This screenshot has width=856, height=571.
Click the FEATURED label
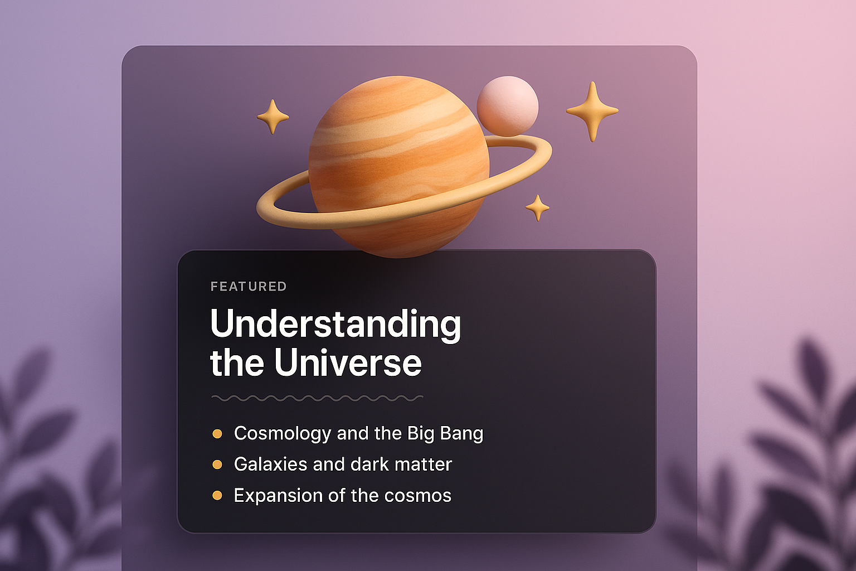249,287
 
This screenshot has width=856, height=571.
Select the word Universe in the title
348,362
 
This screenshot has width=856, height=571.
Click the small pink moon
508,107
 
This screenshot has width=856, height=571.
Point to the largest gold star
592,112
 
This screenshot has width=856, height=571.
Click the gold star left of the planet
273,117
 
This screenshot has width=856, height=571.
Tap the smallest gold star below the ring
538,208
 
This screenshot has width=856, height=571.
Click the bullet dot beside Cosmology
217,434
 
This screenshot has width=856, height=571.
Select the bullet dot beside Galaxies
217,464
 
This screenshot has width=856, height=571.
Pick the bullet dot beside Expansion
217,496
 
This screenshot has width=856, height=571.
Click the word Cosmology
283,434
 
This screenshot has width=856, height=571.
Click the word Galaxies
270,464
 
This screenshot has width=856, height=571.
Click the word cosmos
417,496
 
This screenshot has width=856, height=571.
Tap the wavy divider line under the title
317,398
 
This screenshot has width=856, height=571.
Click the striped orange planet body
398,167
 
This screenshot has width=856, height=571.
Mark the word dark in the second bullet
369,464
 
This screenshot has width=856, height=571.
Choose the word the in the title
237,362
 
